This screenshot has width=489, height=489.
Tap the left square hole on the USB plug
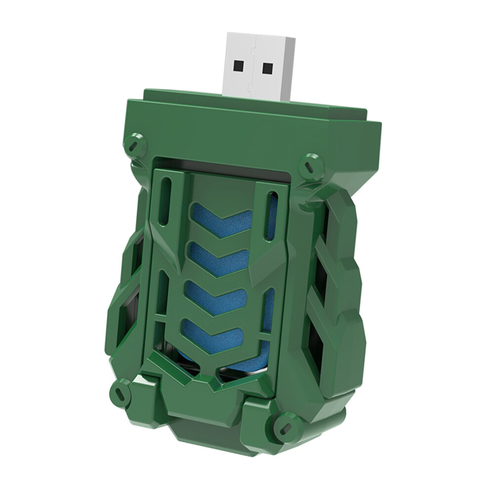coord(239,65)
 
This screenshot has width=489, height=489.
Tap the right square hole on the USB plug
coord(267,68)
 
